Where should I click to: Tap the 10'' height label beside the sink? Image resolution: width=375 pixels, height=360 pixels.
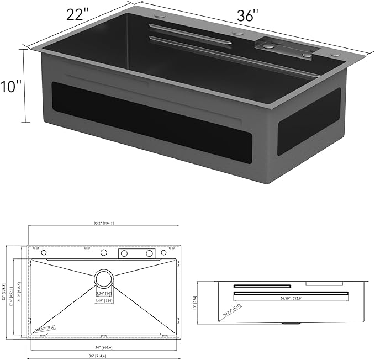(12, 86)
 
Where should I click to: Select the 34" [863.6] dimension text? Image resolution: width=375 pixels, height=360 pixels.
(104, 346)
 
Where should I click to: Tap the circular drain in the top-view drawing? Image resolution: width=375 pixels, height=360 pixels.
(103, 277)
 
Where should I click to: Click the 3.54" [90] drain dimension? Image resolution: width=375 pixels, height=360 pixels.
(103, 294)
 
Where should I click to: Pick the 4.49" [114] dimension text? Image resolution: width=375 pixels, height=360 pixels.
(103, 301)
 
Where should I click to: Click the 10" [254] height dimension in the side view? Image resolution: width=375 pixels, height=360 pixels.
(195, 301)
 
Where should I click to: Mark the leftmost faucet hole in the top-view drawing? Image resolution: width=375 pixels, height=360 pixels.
(44, 253)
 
